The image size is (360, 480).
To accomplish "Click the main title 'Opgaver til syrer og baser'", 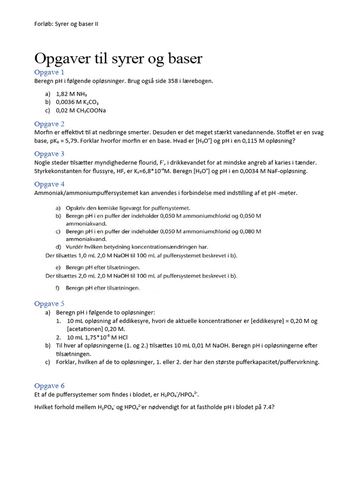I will [x=118, y=59].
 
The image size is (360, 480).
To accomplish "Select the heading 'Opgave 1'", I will [x=49, y=72].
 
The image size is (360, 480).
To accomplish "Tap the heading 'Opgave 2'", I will [x=49, y=124].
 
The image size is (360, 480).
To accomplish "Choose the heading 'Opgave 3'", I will [x=49, y=154].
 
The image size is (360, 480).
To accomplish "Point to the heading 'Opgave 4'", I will [x=49, y=184].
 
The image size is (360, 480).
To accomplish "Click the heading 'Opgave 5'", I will [x=49, y=304].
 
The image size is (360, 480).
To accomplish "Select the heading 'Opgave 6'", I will [x=49, y=386].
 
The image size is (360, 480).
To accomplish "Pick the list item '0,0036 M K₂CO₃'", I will [x=77, y=102].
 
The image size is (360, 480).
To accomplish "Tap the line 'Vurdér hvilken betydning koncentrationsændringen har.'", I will [x=136, y=247].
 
